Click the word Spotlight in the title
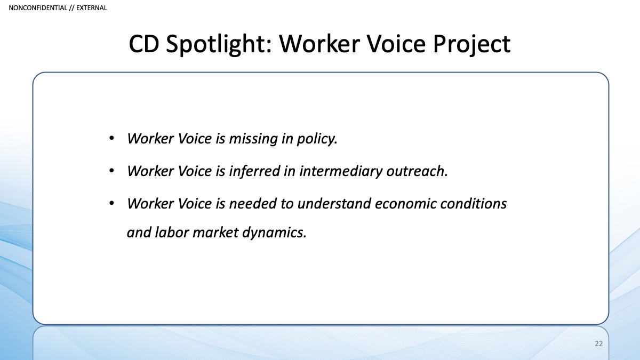click(219, 44)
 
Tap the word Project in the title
click(471, 44)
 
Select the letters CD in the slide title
click(143, 44)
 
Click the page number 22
click(599, 343)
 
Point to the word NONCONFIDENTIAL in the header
click(38, 7)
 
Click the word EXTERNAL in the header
click(91, 7)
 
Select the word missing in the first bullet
click(253, 139)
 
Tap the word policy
click(317, 139)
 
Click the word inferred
click(254, 171)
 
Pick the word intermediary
click(341, 171)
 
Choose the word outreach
click(417, 171)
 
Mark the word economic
click(405, 204)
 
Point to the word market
click(215, 233)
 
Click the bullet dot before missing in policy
click(111, 139)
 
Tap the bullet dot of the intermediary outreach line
click(111, 171)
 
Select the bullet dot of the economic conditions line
click(111, 203)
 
